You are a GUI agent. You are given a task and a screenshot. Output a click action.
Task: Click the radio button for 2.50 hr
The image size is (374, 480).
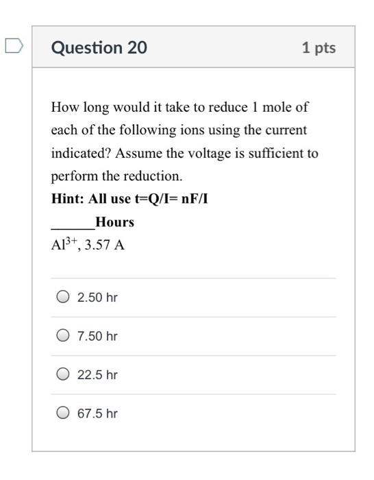(63, 298)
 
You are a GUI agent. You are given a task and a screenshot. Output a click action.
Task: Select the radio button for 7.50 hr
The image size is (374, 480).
(63, 336)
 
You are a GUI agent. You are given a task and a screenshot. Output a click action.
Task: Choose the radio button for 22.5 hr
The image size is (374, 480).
(63, 375)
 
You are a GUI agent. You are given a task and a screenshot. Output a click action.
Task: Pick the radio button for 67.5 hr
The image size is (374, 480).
(63, 413)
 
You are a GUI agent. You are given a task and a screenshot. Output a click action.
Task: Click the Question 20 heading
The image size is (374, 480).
(99, 48)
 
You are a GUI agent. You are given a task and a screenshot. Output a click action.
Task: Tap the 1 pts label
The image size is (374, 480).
(319, 48)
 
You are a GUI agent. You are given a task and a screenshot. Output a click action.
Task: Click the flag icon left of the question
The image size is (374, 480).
(12, 46)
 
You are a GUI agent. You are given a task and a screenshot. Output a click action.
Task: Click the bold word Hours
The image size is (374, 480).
(114, 222)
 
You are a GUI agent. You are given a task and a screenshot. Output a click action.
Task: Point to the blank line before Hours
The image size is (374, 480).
(73, 225)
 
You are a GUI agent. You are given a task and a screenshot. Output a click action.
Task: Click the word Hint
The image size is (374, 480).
(66, 200)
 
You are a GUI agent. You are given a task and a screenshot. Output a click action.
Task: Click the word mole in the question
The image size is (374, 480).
(279, 108)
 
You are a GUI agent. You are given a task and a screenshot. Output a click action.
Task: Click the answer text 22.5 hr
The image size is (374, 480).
(98, 375)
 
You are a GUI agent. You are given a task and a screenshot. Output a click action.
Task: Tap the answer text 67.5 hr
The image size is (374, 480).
(98, 413)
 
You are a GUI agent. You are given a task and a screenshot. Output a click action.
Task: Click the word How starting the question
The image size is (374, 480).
(64, 108)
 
